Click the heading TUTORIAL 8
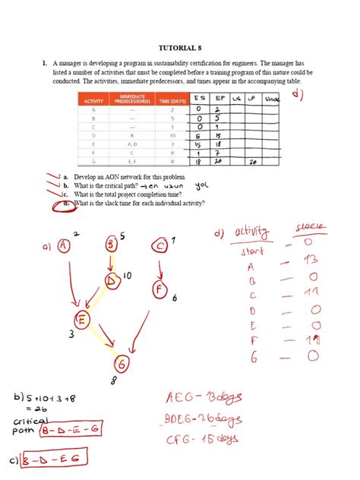click(x=179, y=47)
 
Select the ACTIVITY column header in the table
click(x=94, y=99)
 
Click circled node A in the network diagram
click(x=63, y=245)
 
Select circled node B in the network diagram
click(x=112, y=245)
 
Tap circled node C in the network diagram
click(x=159, y=245)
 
